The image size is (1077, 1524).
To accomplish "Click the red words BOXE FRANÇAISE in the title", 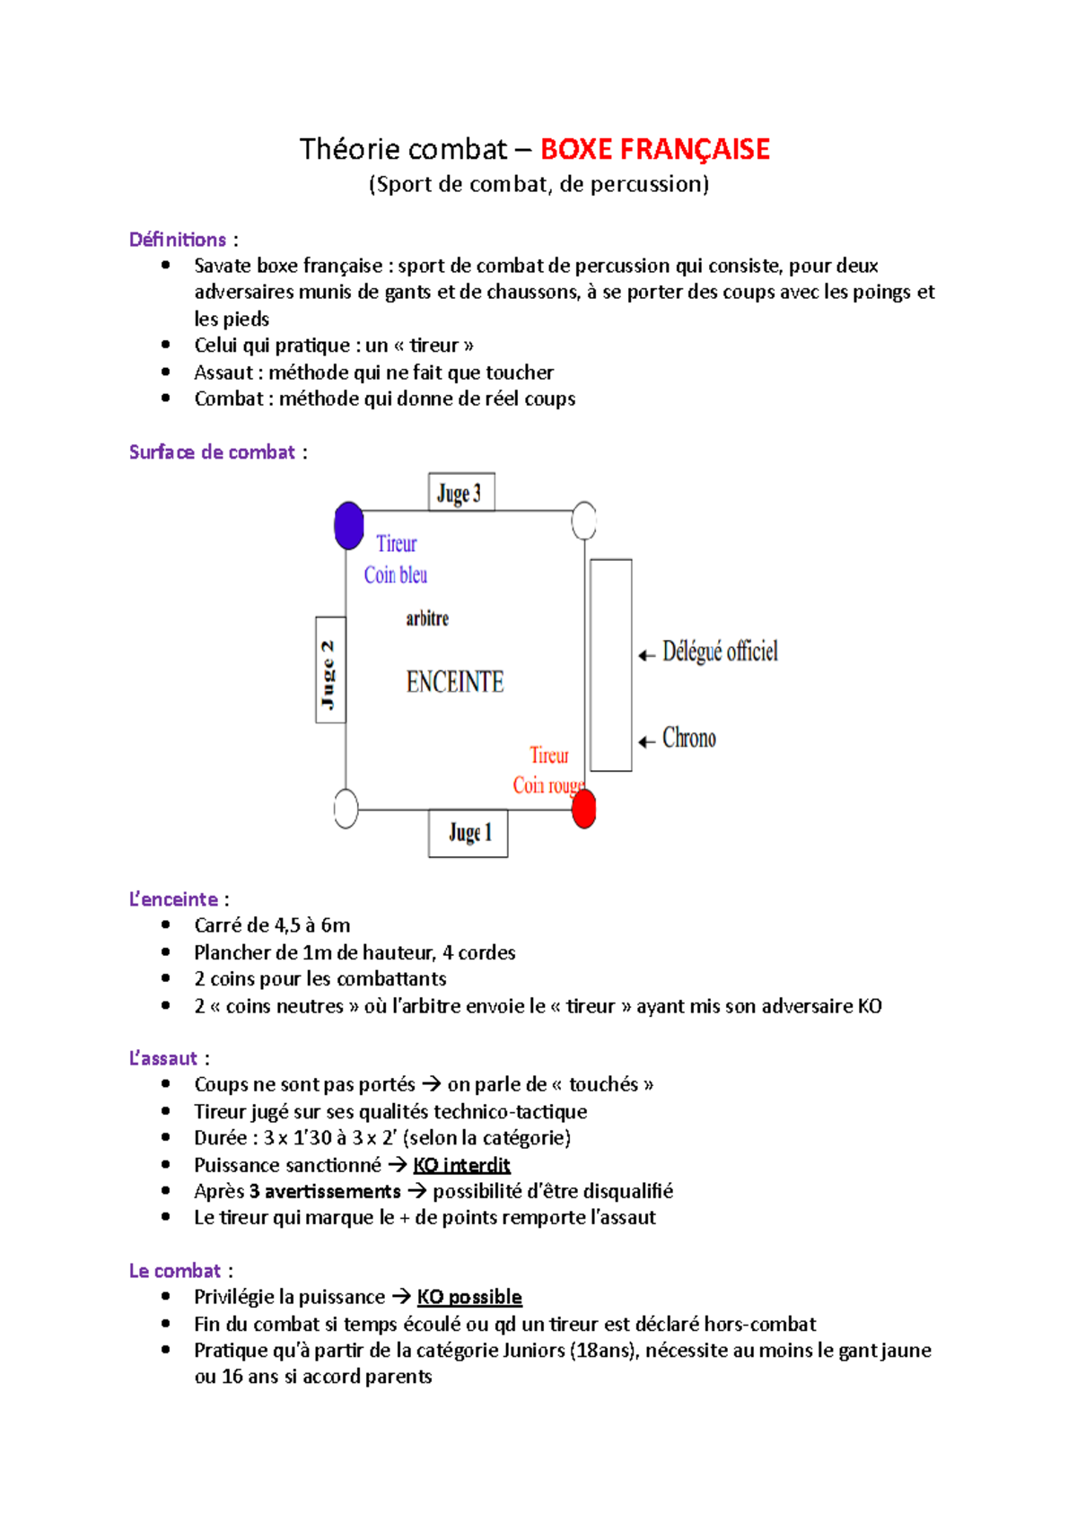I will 654,149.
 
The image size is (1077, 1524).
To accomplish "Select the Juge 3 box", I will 461,492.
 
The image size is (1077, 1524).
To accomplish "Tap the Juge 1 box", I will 468,833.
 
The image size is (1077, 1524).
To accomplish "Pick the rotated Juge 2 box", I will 330,670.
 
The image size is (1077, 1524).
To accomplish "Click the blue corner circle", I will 348,525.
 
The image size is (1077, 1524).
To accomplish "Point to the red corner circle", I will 584,809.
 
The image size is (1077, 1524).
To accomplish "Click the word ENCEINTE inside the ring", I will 455,682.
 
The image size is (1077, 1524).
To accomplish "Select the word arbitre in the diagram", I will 427,618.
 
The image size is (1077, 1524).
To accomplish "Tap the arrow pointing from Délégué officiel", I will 646,655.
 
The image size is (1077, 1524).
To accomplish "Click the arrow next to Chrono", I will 646,741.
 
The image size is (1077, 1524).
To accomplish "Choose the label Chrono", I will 689,738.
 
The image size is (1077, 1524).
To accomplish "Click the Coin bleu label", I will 396,575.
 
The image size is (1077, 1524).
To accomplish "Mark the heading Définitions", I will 178,240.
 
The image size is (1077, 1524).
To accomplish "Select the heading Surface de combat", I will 212,452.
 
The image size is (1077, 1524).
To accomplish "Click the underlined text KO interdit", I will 461,1165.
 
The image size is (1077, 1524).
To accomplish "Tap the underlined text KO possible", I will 469,1297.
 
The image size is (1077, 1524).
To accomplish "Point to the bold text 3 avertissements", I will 325,1191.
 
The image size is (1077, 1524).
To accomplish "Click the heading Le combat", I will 175,1271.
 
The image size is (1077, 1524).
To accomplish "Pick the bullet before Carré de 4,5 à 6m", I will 165,925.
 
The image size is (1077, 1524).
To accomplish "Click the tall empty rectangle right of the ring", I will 611,664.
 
